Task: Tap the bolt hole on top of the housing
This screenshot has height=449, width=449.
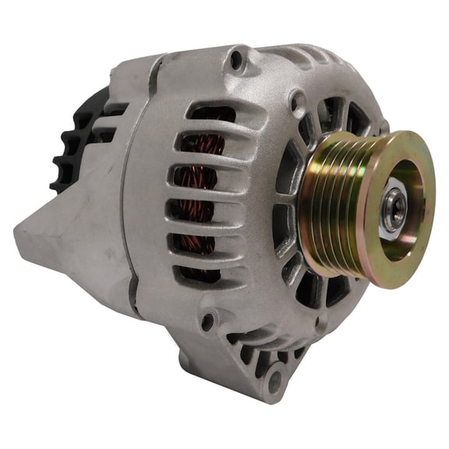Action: point(235,57)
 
